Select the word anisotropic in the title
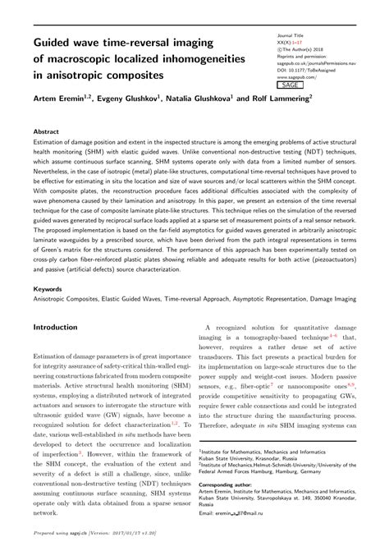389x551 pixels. point(71,76)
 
